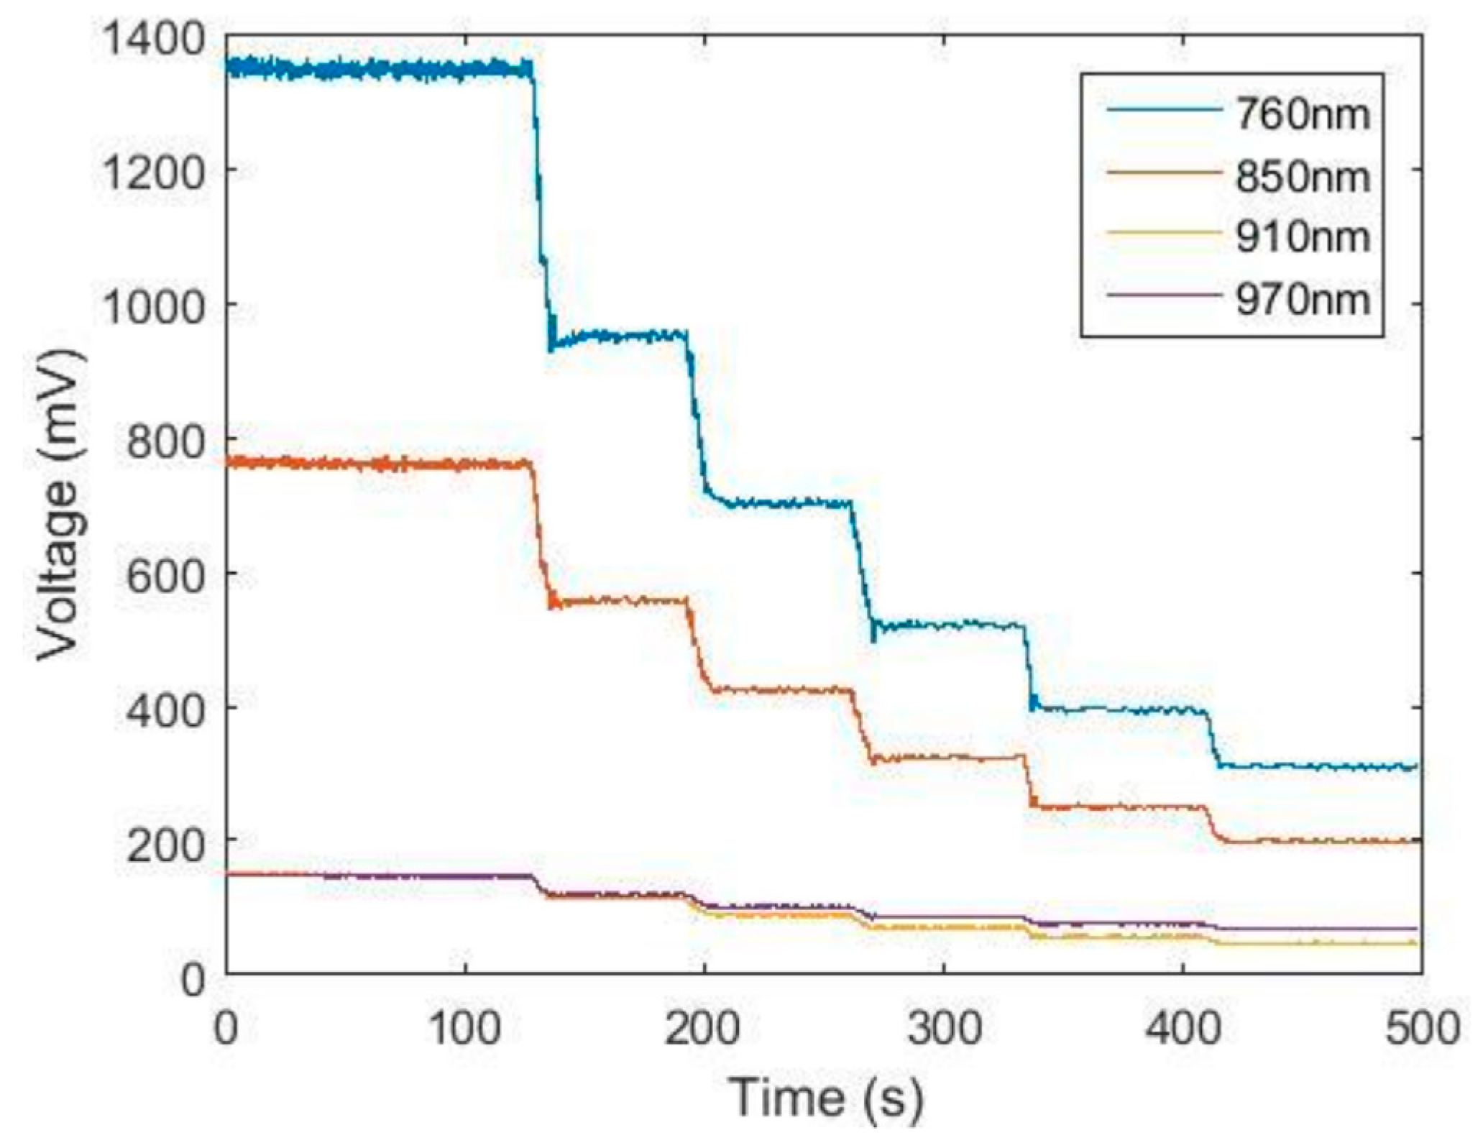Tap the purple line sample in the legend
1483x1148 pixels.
point(1163,294)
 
